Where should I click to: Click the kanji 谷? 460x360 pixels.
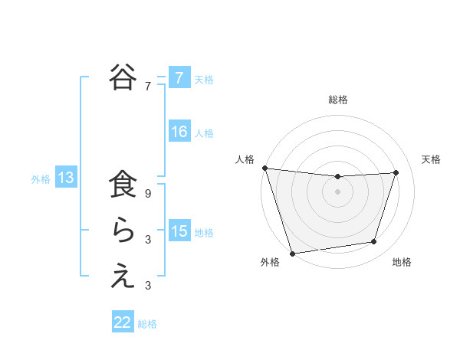point(123,77)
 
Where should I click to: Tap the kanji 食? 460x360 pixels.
point(123,187)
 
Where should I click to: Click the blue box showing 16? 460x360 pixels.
point(179,132)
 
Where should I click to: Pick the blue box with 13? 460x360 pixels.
point(66,178)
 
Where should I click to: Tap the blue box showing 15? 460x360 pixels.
point(179,231)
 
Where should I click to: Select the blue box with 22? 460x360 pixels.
point(123,322)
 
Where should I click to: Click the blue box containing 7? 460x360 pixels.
point(179,77)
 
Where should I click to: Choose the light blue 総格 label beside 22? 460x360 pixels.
point(147,324)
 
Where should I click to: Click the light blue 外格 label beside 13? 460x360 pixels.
point(41,179)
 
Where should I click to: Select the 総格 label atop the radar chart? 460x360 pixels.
point(337,100)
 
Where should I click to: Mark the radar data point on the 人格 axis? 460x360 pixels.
point(264,168)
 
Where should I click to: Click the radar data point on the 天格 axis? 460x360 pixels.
point(396,172)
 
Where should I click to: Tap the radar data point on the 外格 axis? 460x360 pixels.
point(292,253)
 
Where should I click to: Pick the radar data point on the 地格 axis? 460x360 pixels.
point(374,242)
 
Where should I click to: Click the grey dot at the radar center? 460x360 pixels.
point(337,191)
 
